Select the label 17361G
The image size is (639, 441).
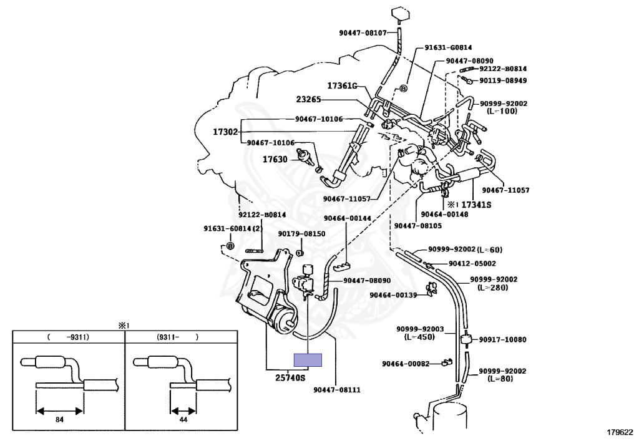coord(342,86)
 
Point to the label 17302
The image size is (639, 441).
coord(225,132)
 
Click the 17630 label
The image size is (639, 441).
coord(275,159)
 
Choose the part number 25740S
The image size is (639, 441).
coord(291,377)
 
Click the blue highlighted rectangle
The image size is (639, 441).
coord(308,359)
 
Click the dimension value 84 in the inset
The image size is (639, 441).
coord(59,419)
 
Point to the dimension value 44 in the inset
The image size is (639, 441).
coord(183,419)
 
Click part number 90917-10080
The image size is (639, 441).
coord(503,340)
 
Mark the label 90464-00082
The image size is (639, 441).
coord(406,363)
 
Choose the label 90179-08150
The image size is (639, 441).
coord(302,233)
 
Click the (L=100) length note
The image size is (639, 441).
coord(496,111)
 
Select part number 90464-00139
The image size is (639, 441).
coord(393,295)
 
